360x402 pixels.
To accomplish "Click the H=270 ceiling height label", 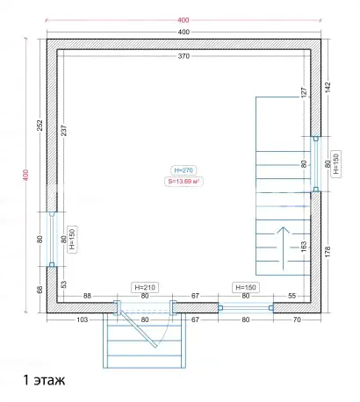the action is [184, 170].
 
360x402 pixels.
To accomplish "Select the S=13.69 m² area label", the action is [184, 182].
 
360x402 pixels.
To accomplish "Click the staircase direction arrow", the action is [283, 248].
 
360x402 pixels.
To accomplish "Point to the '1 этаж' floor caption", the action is [44, 380].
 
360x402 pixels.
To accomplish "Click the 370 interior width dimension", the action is [184, 56].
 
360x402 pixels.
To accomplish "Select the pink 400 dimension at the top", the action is [184, 20].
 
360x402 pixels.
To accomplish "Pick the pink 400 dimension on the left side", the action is [25, 176].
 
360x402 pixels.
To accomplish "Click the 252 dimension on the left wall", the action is [40, 126].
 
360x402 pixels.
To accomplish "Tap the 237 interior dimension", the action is [64, 131].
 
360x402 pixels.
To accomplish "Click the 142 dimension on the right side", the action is [328, 88].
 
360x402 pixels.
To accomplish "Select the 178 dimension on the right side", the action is [328, 252].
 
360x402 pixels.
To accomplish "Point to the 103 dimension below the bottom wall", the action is [82, 319].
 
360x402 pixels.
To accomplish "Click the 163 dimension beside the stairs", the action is [304, 247].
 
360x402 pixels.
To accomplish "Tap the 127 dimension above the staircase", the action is [304, 92].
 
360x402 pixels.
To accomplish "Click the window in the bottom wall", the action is [246, 308].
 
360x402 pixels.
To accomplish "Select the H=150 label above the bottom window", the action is [246, 287].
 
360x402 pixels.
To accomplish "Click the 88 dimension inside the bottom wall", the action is [87, 296].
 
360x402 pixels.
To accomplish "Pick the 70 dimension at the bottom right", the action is [297, 319].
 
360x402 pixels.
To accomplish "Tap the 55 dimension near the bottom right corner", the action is [292, 296].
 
